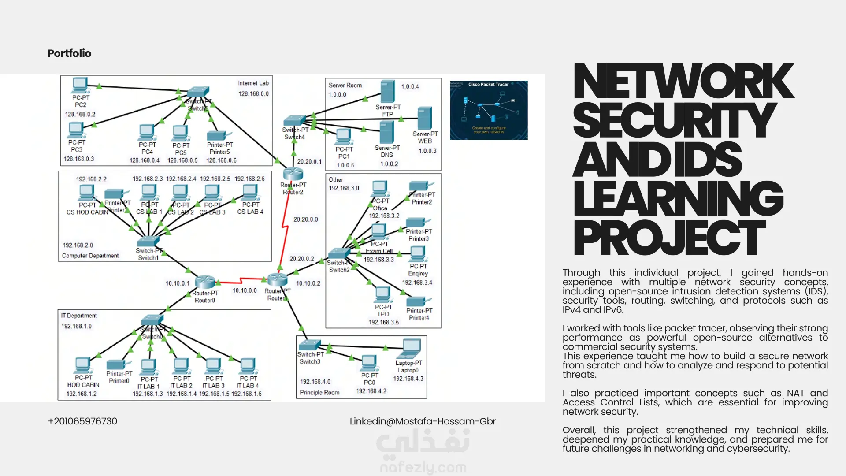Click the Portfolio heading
point(69,53)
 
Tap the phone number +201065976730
point(82,421)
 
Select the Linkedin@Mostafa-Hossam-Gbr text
point(423,421)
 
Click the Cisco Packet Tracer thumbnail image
point(489,110)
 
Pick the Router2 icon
point(293,174)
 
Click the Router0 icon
point(205,282)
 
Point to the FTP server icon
point(388,91)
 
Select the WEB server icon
point(424,118)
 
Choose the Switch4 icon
point(294,120)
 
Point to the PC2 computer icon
point(80,85)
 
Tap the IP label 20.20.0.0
point(306,219)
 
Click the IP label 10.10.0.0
point(245,291)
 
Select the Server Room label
point(345,86)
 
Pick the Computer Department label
point(90,256)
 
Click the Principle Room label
point(319,393)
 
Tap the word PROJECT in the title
point(669,238)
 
